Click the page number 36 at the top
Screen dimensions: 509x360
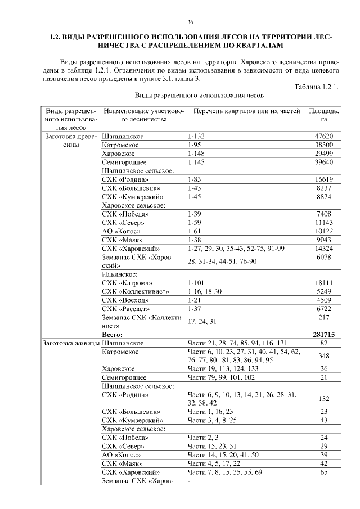[190, 22]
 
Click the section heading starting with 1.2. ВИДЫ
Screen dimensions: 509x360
[190, 40]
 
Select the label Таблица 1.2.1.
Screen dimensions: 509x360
[317, 86]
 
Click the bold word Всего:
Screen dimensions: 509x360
[112, 334]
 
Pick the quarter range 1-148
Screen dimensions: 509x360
[195, 154]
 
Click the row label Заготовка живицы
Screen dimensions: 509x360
[68, 343]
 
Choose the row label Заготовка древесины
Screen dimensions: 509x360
[68, 141]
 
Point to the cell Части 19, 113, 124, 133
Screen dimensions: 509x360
[224, 368]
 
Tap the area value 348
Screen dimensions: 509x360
[323, 355]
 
